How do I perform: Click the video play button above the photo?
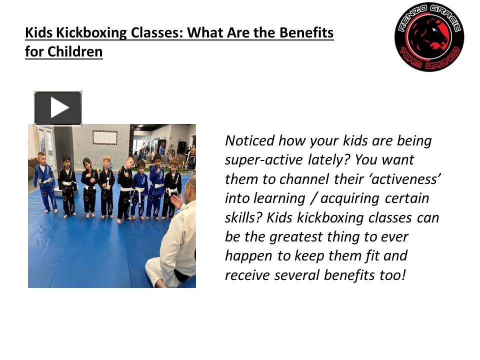[58, 108]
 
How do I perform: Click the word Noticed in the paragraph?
[250, 141]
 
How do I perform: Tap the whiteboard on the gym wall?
[105, 137]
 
